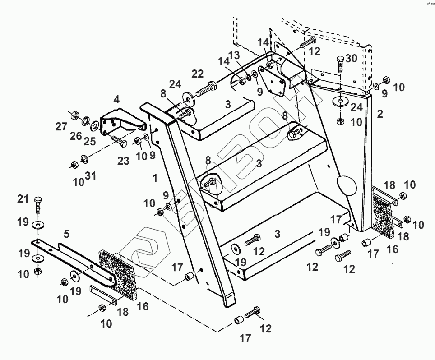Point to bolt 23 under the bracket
tap(118, 140)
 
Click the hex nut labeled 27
tap(74, 115)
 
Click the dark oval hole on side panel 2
tap(346, 185)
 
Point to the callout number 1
tap(155, 178)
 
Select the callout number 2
tap(379, 114)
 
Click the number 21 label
tap(23, 199)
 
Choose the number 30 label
tap(351, 59)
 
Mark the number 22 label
tap(198, 74)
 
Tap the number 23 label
tap(123, 160)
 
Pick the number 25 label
tap(90, 141)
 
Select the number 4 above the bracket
tap(116, 100)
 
